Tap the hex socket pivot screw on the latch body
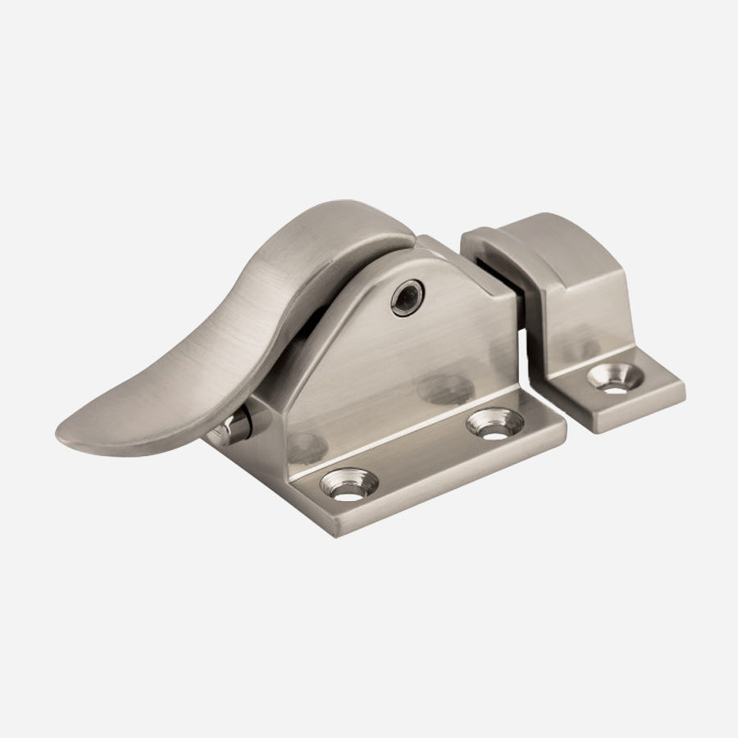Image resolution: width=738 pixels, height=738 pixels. coord(408,298)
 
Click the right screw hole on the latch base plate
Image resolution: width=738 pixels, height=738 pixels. coord(495,422)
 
